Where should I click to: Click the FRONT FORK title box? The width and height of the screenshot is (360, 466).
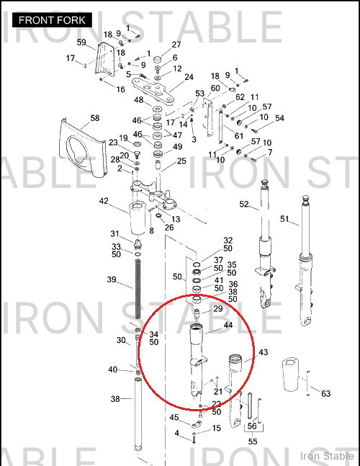[52, 20]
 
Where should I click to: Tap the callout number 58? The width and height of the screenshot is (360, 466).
[95, 118]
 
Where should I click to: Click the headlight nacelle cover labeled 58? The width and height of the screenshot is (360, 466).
[84, 148]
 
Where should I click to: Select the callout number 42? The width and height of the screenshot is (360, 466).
[104, 201]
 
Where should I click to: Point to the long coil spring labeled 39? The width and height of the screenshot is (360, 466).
[138, 289]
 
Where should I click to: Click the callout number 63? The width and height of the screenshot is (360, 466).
[326, 393]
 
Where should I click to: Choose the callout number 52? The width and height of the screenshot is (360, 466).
[244, 204]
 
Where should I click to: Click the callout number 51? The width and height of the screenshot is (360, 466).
[284, 219]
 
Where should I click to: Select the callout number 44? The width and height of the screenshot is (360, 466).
[228, 325]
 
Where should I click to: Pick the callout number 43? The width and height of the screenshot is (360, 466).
[264, 352]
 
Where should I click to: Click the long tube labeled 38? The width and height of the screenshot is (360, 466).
[138, 413]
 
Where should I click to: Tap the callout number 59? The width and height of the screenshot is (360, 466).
[81, 42]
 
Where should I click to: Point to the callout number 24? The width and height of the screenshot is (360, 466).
[189, 77]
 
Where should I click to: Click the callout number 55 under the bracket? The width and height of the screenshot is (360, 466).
[253, 442]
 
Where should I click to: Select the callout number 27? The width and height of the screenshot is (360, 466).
[176, 45]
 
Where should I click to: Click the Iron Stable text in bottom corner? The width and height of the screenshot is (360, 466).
[327, 456]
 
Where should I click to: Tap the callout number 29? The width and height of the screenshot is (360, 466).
[218, 309]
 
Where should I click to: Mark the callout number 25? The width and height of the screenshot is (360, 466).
[181, 161]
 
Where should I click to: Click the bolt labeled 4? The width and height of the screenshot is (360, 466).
[194, 438]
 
